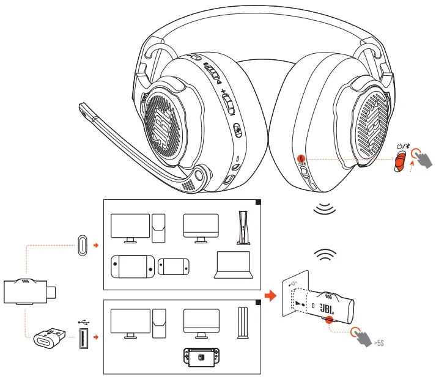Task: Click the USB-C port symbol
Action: [83, 245]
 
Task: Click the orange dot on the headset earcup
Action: [301, 158]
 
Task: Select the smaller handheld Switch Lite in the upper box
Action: [173, 266]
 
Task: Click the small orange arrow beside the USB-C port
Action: [96, 245]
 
